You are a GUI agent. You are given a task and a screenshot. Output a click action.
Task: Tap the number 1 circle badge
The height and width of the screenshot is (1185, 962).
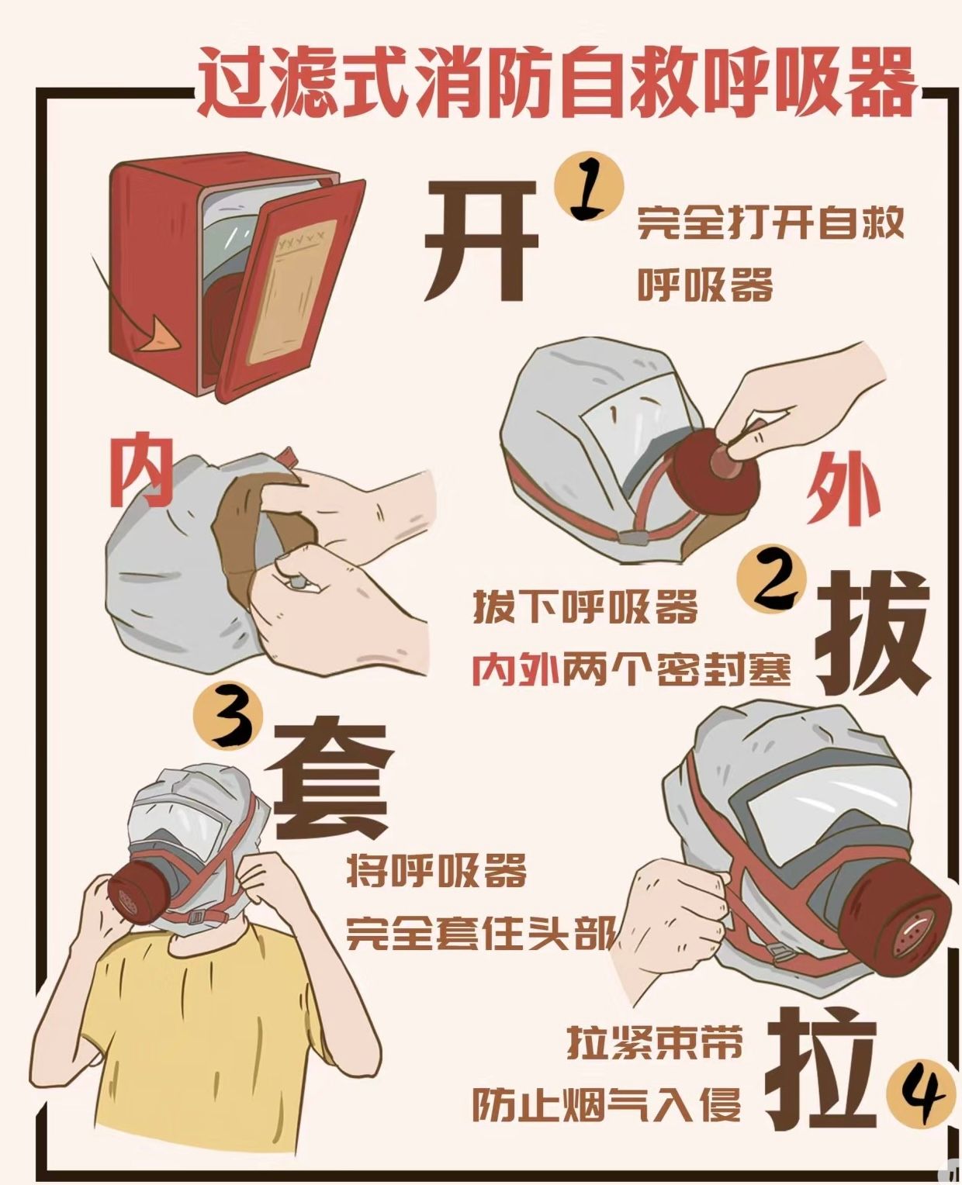589,188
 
